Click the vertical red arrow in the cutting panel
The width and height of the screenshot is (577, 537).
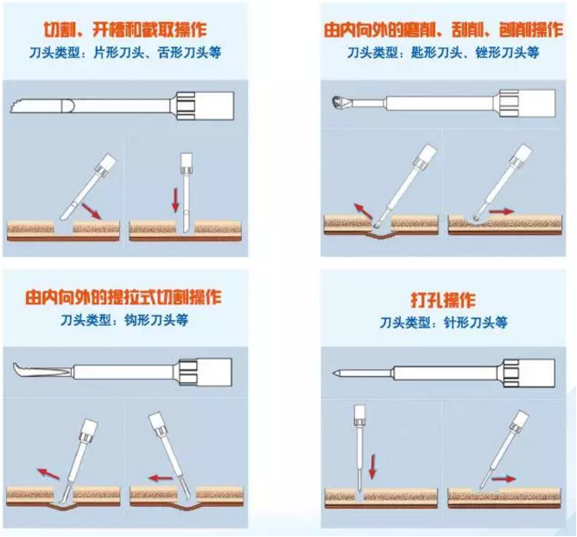tap(176, 201)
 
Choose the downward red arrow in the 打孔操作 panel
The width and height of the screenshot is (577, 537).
tap(372, 468)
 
